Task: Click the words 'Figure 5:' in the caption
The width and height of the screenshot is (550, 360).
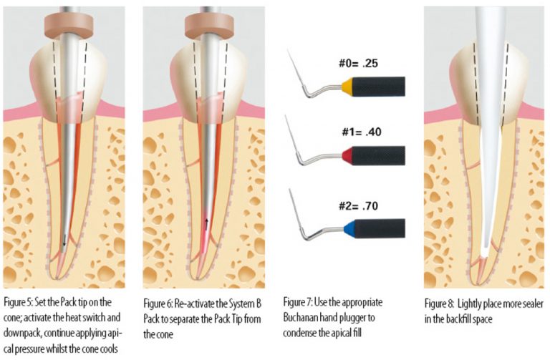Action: pos(19,296)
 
